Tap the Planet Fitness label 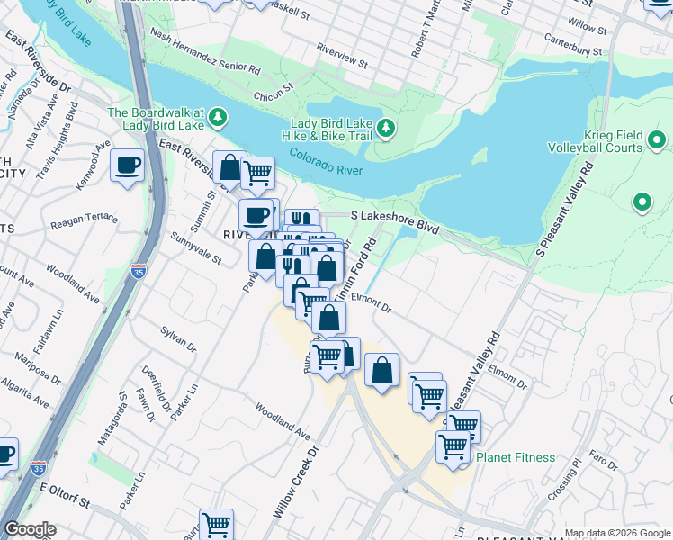click(x=516, y=457)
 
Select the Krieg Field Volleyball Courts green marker click(x=657, y=140)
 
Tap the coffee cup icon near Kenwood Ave click(x=127, y=166)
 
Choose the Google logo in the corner click(x=30, y=529)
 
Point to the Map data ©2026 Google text click(x=616, y=533)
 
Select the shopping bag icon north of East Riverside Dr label click(x=229, y=168)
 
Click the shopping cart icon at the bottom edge click(x=216, y=523)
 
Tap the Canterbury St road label click(x=572, y=44)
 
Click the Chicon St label click(x=274, y=92)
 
